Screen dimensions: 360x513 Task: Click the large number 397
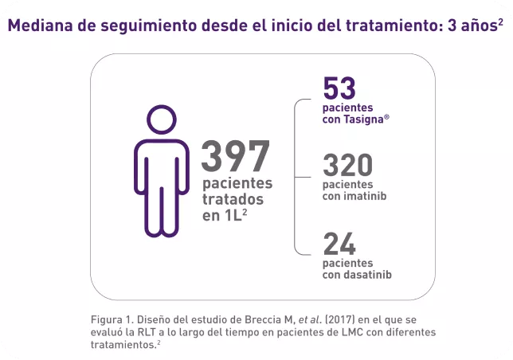[236, 156]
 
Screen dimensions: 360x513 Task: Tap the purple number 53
[339, 88]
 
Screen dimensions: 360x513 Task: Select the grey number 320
[347, 166]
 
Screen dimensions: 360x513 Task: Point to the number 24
[339, 244]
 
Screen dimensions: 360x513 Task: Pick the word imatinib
[366, 196]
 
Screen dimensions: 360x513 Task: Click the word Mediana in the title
[41, 25]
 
